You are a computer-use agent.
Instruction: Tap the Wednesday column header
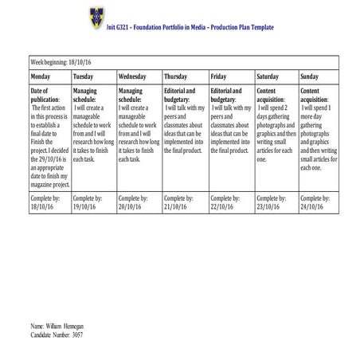pos(131,76)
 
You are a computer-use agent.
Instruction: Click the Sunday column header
pos(310,76)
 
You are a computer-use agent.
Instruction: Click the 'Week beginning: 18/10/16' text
pos(61,61)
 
